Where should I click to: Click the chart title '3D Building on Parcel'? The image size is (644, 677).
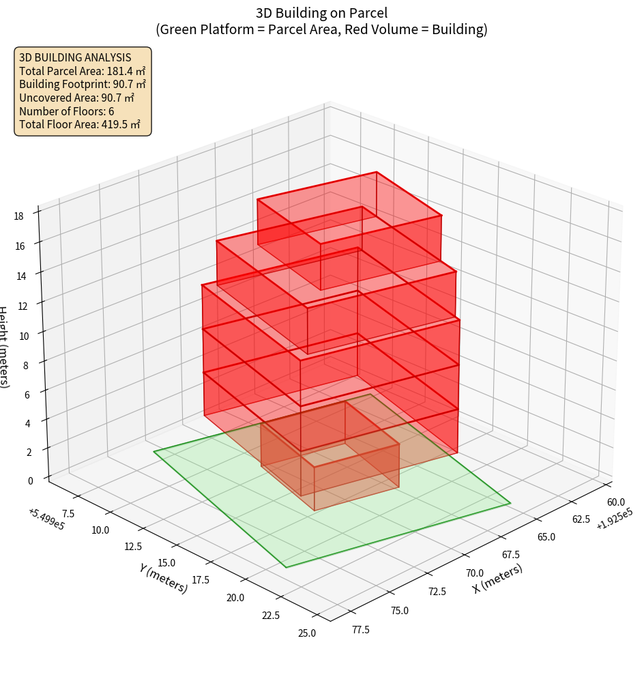(321, 12)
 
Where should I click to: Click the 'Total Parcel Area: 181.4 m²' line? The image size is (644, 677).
(82, 71)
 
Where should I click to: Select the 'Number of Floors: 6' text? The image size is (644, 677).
(67, 111)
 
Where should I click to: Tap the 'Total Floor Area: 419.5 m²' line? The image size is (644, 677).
(80, 125)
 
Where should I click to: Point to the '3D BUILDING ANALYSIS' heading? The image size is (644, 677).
(75, 57)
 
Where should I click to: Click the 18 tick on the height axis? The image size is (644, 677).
(18, 216)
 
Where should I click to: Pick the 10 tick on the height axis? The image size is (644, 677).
(24, 336)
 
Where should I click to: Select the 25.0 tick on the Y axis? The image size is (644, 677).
(306, 633)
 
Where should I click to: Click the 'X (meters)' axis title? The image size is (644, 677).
(498, 579)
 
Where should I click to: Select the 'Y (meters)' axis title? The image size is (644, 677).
(164, 577)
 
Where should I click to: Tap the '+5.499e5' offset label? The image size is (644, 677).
(46, 519)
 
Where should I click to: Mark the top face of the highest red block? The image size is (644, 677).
(349, 207)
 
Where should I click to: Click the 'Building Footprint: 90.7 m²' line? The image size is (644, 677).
(83, 85)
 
